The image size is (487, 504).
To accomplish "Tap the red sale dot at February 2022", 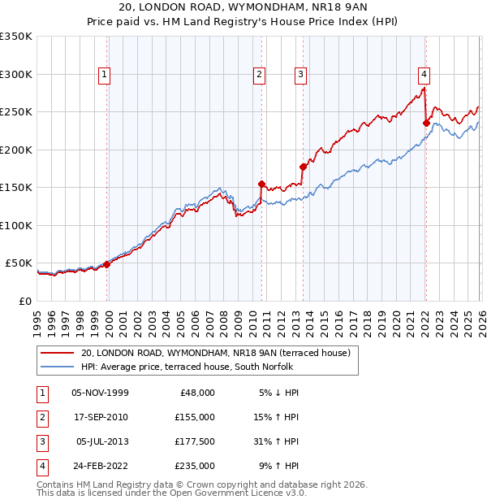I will [426, 123].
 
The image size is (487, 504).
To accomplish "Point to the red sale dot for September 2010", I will [261, 184].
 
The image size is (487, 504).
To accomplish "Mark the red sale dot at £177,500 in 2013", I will [303, 167].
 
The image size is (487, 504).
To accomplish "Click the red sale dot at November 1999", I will [106, 264].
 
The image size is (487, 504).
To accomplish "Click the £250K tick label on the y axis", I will [16, 112].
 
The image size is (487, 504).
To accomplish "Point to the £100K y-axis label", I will [16, 225].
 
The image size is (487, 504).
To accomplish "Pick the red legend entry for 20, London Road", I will [215, 353].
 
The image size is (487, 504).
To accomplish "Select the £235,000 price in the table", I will [194, 466].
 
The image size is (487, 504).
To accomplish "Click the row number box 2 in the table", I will [40, 417].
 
